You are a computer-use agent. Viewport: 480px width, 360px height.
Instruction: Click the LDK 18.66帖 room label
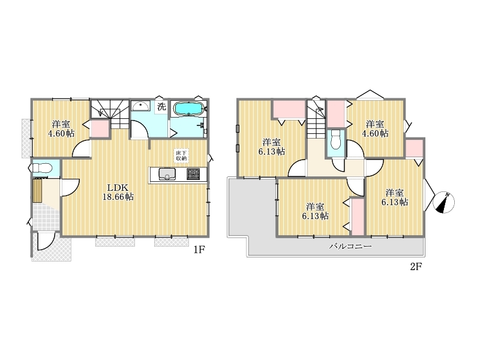point(118,192)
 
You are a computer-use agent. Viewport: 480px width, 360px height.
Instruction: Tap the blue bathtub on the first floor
point(188,109)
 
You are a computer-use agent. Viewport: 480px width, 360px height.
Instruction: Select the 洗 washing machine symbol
point(161,107)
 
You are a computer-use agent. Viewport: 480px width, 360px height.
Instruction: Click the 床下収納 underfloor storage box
point(181,155)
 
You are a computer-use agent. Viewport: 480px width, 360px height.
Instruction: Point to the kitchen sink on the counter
point(167,174)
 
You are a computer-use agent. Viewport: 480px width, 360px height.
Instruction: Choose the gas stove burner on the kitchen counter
point(193,174)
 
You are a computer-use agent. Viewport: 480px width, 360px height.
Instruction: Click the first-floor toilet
point(41,168)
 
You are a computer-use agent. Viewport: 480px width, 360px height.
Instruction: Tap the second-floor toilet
point(336,140)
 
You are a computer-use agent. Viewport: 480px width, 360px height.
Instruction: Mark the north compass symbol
point(444,202)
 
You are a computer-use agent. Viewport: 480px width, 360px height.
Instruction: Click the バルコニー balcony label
point(350,246)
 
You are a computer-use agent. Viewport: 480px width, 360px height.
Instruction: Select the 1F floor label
point(199,250)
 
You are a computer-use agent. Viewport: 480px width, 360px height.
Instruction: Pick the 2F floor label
point(416,266)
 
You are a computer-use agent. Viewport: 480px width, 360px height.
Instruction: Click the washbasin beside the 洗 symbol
point(140,106)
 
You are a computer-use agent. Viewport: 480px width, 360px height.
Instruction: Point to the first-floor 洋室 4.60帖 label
point(61,128)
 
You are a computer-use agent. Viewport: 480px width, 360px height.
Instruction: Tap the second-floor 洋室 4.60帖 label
point(375,128)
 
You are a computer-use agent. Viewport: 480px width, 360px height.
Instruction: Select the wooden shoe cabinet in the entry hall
point(37,190)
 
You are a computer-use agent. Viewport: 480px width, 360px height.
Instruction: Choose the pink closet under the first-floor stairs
point(100,128)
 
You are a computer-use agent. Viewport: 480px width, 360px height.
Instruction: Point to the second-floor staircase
point(316,119)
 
